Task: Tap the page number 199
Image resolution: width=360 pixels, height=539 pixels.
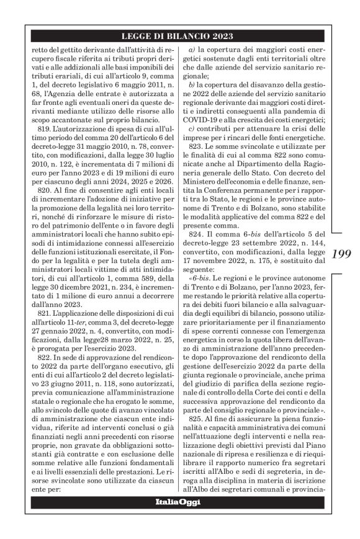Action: pos(343,256)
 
